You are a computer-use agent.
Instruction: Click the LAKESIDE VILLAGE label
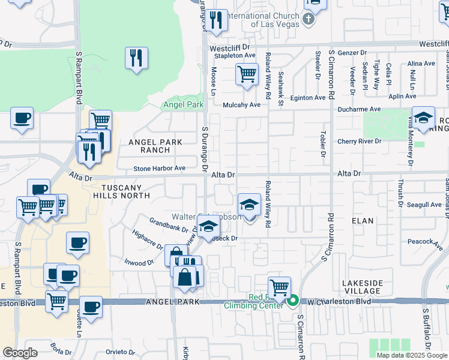click(362, 287)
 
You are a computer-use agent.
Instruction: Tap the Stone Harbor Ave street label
click(159, 169)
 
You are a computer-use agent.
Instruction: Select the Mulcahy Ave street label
click(241, 104)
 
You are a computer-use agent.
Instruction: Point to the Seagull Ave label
click(424, 205)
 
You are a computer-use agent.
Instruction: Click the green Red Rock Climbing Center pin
click(293, 301)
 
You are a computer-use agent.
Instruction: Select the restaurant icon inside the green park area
click(137, 58)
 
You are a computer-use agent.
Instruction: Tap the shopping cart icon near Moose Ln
click(247, 74)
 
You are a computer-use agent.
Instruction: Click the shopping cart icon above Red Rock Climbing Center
click(279, 287)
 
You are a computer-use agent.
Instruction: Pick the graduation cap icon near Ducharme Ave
click(423, 118)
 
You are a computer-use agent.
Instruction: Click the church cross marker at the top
click(309, 19)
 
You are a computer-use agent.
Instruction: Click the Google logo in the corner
click(20, 353)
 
